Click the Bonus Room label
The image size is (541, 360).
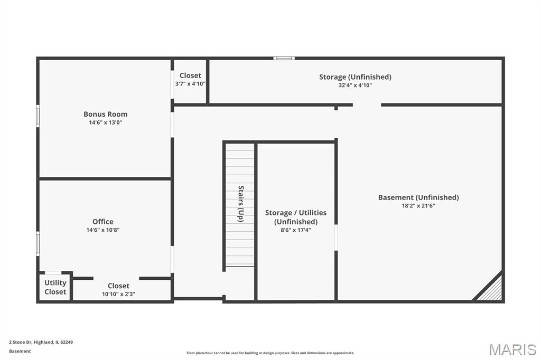[105, 114]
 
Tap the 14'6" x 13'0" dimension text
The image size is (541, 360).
[105, 122]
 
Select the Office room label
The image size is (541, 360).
[103, 221]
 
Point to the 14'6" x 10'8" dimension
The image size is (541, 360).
[103, 230]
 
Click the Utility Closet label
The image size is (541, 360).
[55, 287]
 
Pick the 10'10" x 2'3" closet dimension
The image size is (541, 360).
[118, 294]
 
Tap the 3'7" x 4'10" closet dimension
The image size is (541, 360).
[190, 84]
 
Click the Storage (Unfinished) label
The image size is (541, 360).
[355, 77]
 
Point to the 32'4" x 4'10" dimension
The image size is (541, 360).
[355, 85]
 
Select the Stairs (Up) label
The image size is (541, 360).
[241, 203]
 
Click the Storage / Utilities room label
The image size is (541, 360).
[296, 217]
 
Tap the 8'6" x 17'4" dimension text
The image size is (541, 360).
[296, 230]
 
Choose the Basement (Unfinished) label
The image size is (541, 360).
[418, 197]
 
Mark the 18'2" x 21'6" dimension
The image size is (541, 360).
[418, 206]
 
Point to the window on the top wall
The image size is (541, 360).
[284, 58]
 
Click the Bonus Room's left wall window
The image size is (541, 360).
[38, 116]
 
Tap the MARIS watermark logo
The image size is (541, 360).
[512, 349]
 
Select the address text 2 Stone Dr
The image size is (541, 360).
[21, 343]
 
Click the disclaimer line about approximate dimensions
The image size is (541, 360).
[270, 353]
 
